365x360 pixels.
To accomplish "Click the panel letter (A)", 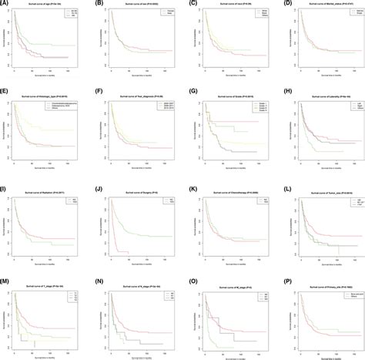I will pos(6,5).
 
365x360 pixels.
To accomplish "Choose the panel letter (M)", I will pos(7,278).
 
